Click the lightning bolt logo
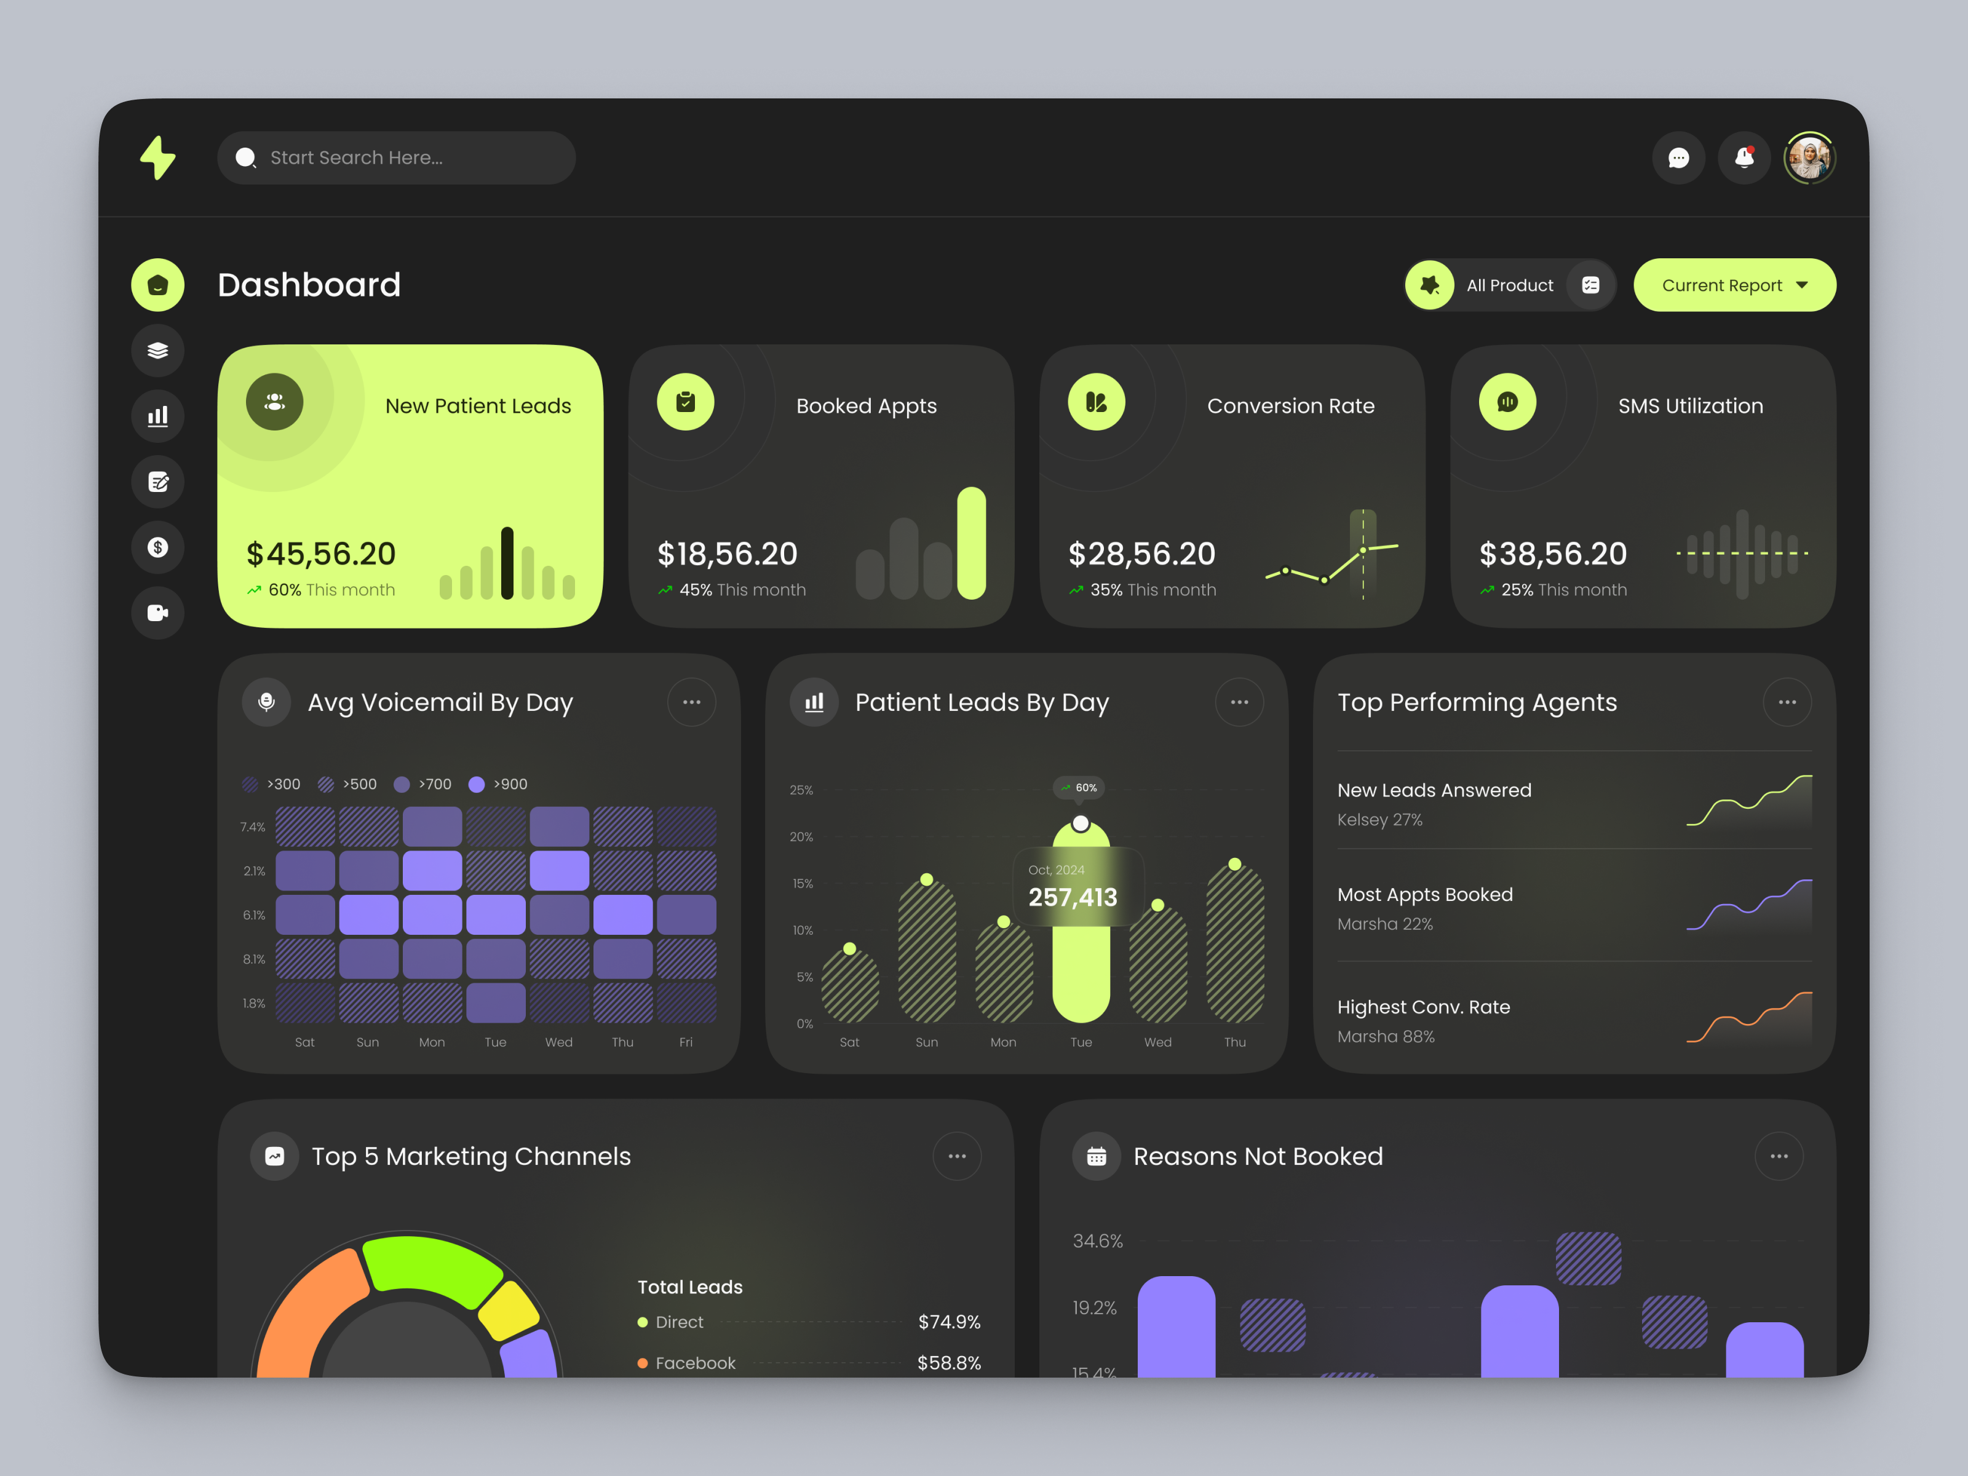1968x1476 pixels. [x=159, y=159]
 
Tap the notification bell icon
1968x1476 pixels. [x=1744, y=159]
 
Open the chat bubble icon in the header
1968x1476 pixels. [x=1678, y=159]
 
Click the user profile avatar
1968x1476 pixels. [x=1809, y=159]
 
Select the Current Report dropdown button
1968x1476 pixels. [x=1734, y=285]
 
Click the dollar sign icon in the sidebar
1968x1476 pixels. [x=159, y=547]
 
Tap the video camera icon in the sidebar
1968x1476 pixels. [x=159, y=613]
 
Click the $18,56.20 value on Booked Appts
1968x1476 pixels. [x=727, y=554]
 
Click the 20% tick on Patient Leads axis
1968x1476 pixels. [x=801, y=837]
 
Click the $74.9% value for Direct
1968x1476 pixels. [x=948, y=1323]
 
